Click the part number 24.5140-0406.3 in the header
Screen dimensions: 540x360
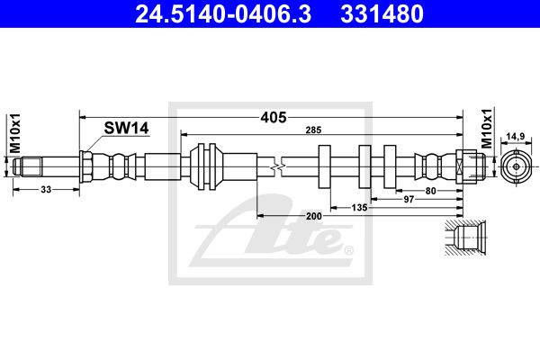[x=223, y=14]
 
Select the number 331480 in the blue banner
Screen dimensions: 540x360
[x=382, y=14]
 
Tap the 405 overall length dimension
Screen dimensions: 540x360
[x=274, y=118]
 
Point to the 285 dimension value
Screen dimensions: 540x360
[x=313, y=130]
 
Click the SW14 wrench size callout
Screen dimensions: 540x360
[x=126, y=128]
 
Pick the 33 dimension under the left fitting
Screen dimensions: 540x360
[x=46, y=189]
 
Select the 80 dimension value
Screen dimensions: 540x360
[x=430, y=191]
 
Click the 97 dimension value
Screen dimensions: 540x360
[x=409, y=199]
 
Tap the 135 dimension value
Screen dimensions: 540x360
[x=359, y=207]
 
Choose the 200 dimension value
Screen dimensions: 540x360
[x=314, y=216]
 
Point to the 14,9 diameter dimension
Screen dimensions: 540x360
[x=516, y=137]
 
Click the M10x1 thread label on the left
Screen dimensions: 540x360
[x=14, y=133]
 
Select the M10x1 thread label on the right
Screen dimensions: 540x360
[x=487, y=129]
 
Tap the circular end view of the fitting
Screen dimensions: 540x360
[x=516, y=167]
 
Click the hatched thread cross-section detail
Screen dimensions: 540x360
[x=465, y=238]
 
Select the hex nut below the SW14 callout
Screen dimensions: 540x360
[x=85, y=166]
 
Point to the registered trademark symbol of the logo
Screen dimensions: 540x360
[x=348, y=250]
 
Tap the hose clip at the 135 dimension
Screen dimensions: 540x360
[x=324, y=166]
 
